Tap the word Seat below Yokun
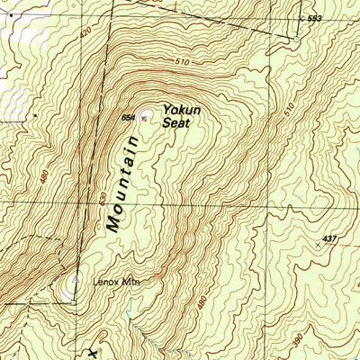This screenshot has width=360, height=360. [x=175, y=123]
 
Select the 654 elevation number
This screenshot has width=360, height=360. [x=129, y=118]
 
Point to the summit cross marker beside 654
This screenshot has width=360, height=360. [x=142, y=118]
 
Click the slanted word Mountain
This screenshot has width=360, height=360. [x=122, y=184]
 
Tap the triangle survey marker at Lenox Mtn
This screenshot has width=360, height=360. [x=76, y=279]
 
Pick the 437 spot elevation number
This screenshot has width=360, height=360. [x=329, y=238]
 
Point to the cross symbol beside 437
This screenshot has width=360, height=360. [x=318, y=245]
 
